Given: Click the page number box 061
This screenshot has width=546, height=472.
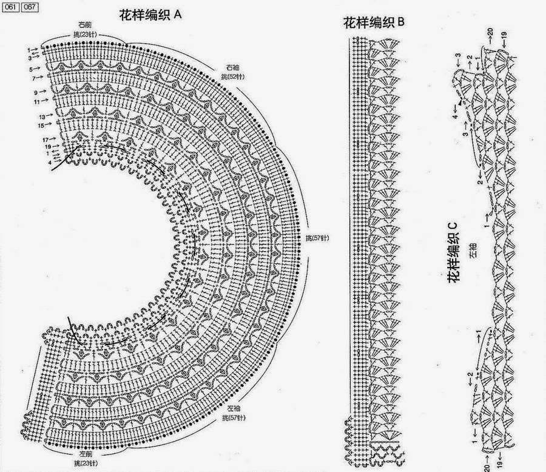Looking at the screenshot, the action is click(x=10, y=7).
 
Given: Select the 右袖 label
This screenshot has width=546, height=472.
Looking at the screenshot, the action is click(x=232, y=66).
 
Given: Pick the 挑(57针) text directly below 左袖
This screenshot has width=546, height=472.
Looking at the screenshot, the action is click(x=233, y=418).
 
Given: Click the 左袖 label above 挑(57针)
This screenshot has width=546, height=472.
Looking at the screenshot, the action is click(x=233, y=408).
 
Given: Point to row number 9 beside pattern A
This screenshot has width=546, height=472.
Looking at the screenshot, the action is click(x=36, y=92).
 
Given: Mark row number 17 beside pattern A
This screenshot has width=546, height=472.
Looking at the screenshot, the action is click(x=45, y=139).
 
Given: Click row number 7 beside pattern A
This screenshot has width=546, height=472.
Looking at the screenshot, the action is click(x=34, y=78).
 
